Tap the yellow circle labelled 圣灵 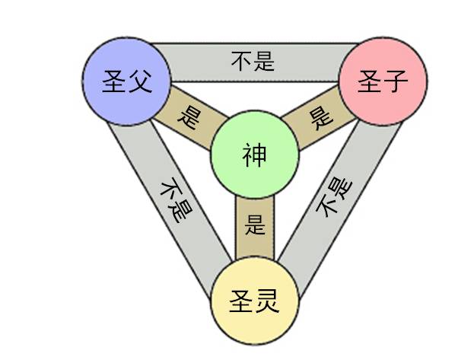point(253,303)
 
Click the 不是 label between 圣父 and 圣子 point(253,60)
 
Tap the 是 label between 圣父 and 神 point(188,117)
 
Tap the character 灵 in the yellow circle point(267,303)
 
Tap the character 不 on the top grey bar point(242,60)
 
